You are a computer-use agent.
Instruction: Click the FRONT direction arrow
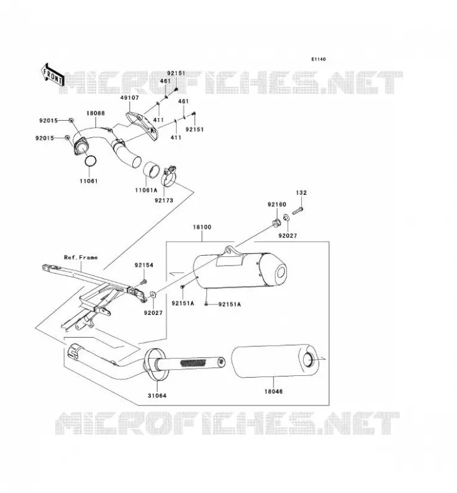53,75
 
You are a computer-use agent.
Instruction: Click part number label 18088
95,113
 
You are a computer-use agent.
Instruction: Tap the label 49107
129,98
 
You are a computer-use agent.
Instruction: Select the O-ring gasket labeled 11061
90,161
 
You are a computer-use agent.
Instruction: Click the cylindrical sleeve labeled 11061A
152,170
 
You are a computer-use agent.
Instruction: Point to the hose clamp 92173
169,176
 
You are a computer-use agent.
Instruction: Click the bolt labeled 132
297,211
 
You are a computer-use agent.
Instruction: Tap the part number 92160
277,205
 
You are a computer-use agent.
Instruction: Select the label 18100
202,227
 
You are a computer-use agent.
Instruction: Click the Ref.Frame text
81,258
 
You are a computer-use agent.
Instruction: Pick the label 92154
144,265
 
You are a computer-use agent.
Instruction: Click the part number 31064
157,396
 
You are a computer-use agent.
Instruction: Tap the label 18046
273,391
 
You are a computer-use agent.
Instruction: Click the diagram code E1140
318,59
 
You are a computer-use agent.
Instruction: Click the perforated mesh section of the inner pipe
193,362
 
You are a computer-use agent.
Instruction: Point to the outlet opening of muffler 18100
281,272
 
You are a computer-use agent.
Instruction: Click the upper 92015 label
49,120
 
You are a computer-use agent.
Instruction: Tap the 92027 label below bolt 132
288,235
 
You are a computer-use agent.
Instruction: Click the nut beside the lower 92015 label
67,137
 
